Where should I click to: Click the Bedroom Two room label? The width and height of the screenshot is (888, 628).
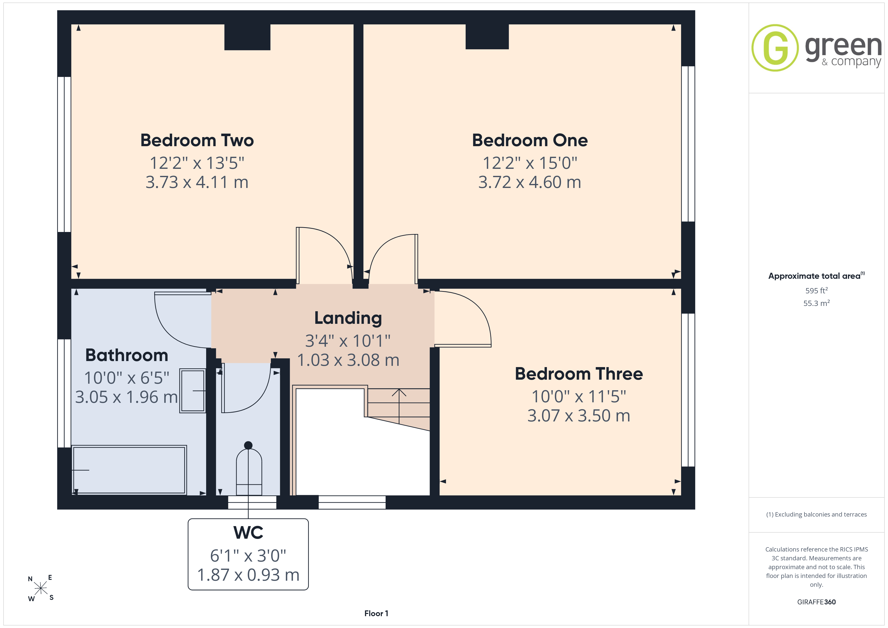point(197,140)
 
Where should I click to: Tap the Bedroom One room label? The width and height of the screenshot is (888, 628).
point(530,140)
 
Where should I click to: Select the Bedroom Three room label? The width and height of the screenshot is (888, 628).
point(579,374)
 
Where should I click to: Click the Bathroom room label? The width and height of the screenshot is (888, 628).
point(126,355)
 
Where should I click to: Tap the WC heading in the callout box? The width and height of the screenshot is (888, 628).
point(248,532)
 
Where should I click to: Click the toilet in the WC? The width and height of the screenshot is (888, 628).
point(249,469)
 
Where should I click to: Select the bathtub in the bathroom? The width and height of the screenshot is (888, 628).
point(129,470)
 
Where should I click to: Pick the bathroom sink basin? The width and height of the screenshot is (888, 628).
point(193,390)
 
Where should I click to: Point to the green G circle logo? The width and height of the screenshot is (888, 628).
point(775,48)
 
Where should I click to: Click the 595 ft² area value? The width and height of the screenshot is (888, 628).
point(817,290)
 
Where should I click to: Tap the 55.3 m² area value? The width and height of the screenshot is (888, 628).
point(817,303)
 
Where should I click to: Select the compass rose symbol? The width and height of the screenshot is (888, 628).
point(41,588)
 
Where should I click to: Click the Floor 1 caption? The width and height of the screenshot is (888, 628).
point(376,613)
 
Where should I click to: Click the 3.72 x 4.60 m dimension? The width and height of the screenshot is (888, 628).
point(530,182)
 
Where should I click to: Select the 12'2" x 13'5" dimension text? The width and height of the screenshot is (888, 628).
point(197,163)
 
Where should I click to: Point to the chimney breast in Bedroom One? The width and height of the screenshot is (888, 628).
point(487,37)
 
